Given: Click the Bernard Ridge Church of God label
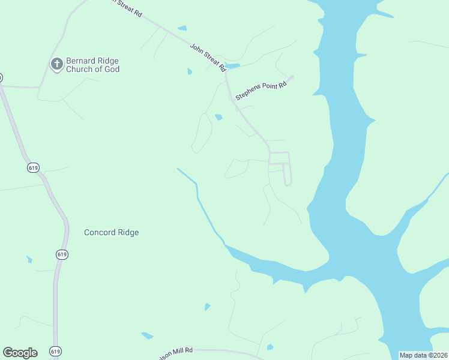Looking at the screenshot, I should coord(92,65).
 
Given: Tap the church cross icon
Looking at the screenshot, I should coord(57,64).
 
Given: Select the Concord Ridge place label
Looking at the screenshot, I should coord(111,232).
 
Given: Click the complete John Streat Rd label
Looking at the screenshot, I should coord(207,56).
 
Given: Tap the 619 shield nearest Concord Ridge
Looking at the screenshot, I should coord(62,254).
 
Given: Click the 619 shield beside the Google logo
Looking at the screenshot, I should coord(56,351).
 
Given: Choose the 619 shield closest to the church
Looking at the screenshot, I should coord(33,168).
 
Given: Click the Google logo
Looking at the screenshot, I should coord(20,353).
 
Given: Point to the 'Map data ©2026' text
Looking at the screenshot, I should coord(424,355).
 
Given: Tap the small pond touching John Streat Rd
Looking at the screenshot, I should coord(233,65).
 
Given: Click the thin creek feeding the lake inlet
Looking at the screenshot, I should coord(198,198).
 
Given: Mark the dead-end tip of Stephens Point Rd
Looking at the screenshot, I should coord(292,77).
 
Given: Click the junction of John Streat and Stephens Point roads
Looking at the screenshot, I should coord(231,96).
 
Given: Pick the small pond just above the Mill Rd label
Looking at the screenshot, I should coord(147,335).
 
